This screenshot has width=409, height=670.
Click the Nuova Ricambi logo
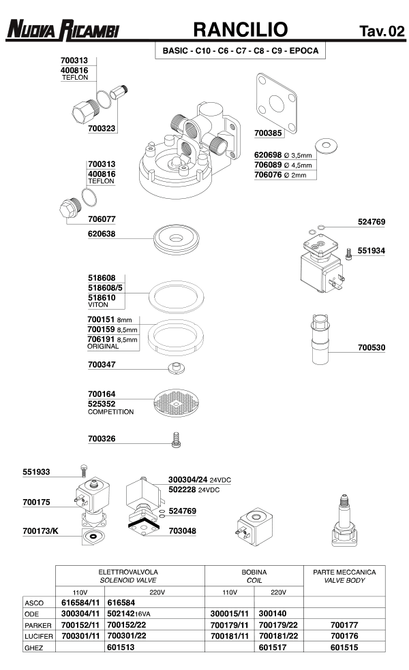[x=62, y=30]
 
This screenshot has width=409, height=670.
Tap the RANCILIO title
[x=240, y=29]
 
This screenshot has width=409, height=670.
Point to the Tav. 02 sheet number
[x=382, y=31]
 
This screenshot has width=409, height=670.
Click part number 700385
[x=268, y=134]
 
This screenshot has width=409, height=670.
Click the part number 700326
[x=102, y=438]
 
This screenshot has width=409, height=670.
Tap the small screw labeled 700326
[x=177, y=439]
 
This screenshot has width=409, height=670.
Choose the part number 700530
[x=372, y=348]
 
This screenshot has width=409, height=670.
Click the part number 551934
[x=372, y=251]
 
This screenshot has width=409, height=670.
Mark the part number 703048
[x=182, y=530]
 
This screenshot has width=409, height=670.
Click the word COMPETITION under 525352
[x=111, y=412]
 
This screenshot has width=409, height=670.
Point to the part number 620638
[x=102, y=234]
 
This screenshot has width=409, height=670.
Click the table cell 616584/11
[x=80, y=603]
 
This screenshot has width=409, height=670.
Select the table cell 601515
[x=344, y=648]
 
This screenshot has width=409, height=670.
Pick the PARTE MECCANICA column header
[x=344, y=572]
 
